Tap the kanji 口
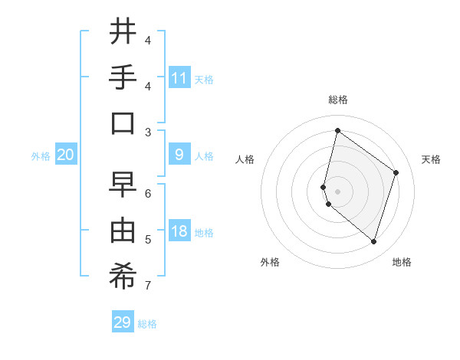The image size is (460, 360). point(123,123)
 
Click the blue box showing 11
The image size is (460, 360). point(179,78)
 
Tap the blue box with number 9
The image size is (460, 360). point(179,155)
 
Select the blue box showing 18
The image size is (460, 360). point(179,232)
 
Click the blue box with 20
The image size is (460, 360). point(66,155)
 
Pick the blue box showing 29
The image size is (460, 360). point(123,322)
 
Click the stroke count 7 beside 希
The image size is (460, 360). point(148,286)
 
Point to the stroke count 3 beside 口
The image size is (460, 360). point(148,132)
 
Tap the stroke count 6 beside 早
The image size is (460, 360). point(148,193)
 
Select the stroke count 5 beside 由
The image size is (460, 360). point(148,240)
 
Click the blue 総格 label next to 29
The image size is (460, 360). point(147,324)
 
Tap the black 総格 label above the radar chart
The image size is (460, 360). point(338,100)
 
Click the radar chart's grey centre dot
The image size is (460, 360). point(338,191)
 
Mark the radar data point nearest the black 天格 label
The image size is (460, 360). point(396,172)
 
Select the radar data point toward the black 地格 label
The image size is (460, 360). point(373,242)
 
